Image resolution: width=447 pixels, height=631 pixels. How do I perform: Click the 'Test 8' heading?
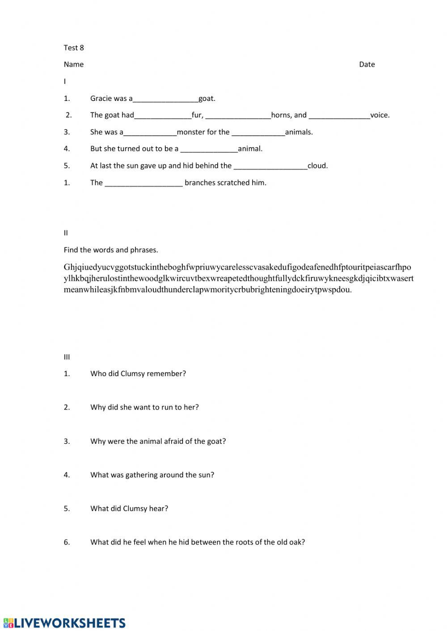pyautogui.click(x=74, y=48)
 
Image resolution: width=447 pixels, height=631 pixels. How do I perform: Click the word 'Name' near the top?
pyautogui.click(x=74, y=64)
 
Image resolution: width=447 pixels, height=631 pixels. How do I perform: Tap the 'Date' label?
pyautogui.click(x=367, y=64)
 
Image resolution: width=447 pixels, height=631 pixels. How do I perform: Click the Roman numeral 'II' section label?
pyautogui.click(x=66, y=233)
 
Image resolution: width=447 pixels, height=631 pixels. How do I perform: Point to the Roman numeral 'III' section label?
pyautogui.click(x=67, y=357)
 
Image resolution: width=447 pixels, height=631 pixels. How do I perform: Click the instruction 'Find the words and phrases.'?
pyautogui.click(x=111, y=250)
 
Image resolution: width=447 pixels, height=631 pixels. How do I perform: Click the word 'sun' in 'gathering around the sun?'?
pyautogui.click(x=206, y=475)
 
